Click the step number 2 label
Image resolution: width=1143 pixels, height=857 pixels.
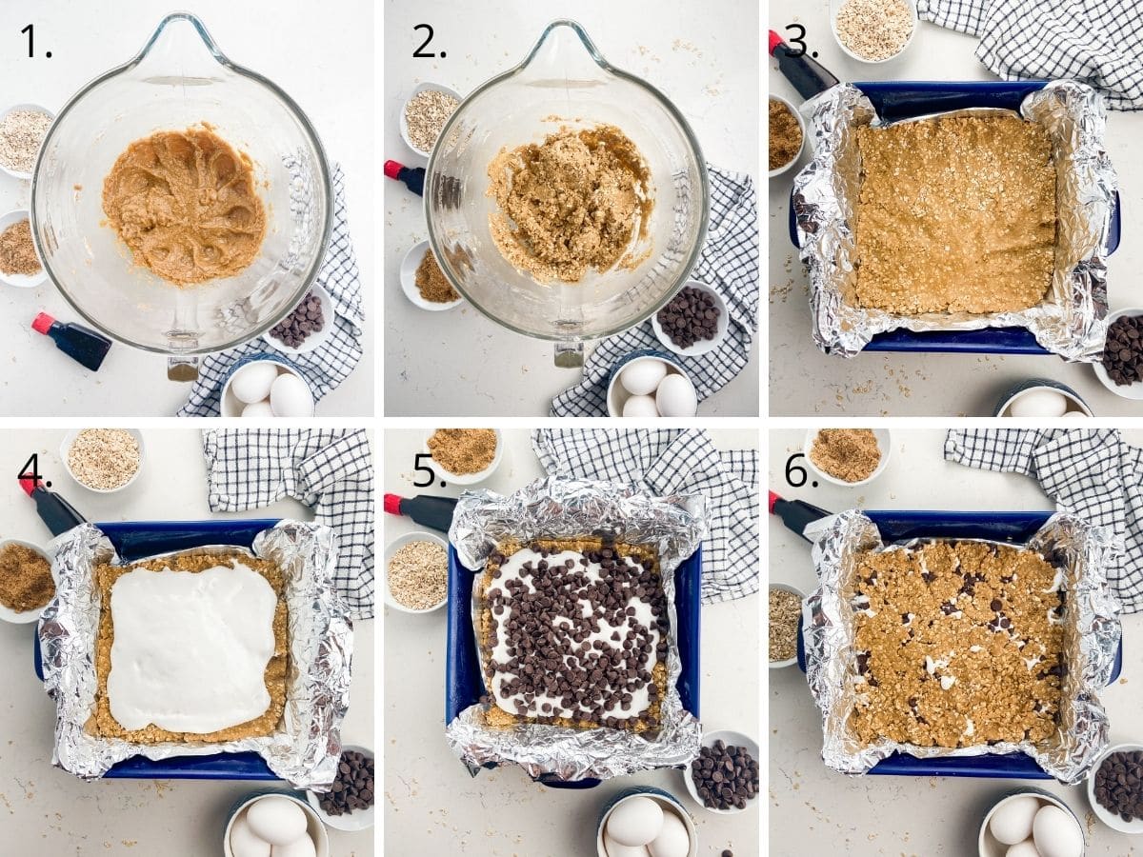[x=429, y=41]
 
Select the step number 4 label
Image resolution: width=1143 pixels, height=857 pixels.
[x=34, y=469]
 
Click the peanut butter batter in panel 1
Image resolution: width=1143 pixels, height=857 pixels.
[x=184, y=204]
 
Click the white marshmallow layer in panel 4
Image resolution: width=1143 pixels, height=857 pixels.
[x=191, y=646]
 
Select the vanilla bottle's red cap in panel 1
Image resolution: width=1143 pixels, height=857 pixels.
[x=43, y=323]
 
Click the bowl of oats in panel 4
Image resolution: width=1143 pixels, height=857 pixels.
[x=103, y=459]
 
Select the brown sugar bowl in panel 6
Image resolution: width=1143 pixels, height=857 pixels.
[x=846, y=454]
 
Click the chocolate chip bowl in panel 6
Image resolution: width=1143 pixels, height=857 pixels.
[x=1118, y=785]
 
